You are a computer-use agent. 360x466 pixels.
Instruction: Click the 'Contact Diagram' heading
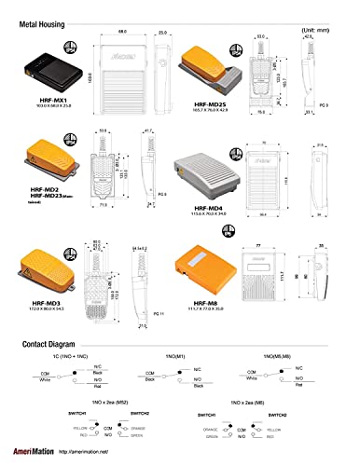[x=57, y=344]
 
